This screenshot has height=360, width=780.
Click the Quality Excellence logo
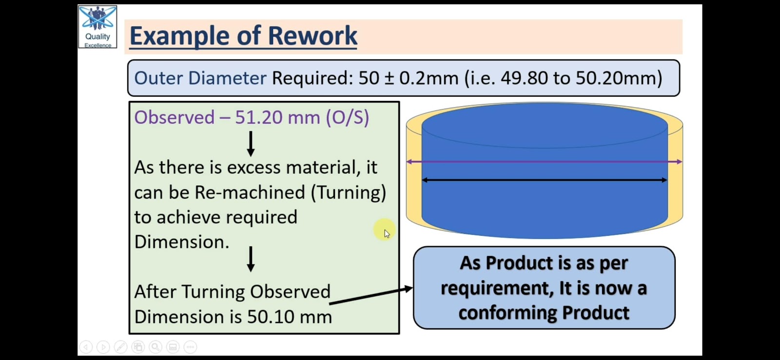click(x=97, y=26)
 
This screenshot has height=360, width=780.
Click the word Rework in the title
click(x=312, y=36)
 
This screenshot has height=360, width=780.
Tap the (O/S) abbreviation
click(x=347, y=118)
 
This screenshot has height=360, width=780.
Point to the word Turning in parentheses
click(x=348, y=192)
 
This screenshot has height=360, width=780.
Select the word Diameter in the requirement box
click(x=227, y=78)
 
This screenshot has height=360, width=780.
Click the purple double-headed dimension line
click(x=544, y=161)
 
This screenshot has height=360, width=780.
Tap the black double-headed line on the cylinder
click(x=544, y=180)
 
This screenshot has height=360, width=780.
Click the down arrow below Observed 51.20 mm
click(x=251, y=143)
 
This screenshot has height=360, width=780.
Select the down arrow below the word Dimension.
click(x=251, y=259)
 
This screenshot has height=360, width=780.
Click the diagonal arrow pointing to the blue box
click(x=371, y=296)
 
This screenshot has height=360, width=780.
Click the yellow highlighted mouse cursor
click(x=385, y=230)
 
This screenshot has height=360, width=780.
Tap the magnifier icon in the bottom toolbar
click(x=156, y=347)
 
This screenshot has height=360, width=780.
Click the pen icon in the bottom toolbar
click(x=120, y=347)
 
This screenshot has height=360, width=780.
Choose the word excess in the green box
click(x=253, y=168)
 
